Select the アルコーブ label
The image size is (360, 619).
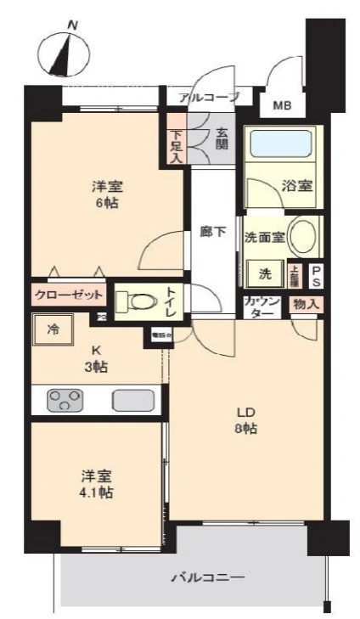coord(210,98)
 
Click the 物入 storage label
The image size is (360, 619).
coord(306,303)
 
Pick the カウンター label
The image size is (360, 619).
coord(259,307)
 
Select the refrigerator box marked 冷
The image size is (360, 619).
coord(53,329)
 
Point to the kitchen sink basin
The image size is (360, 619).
coord(131,400)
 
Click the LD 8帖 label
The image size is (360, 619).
coord(246,421)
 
